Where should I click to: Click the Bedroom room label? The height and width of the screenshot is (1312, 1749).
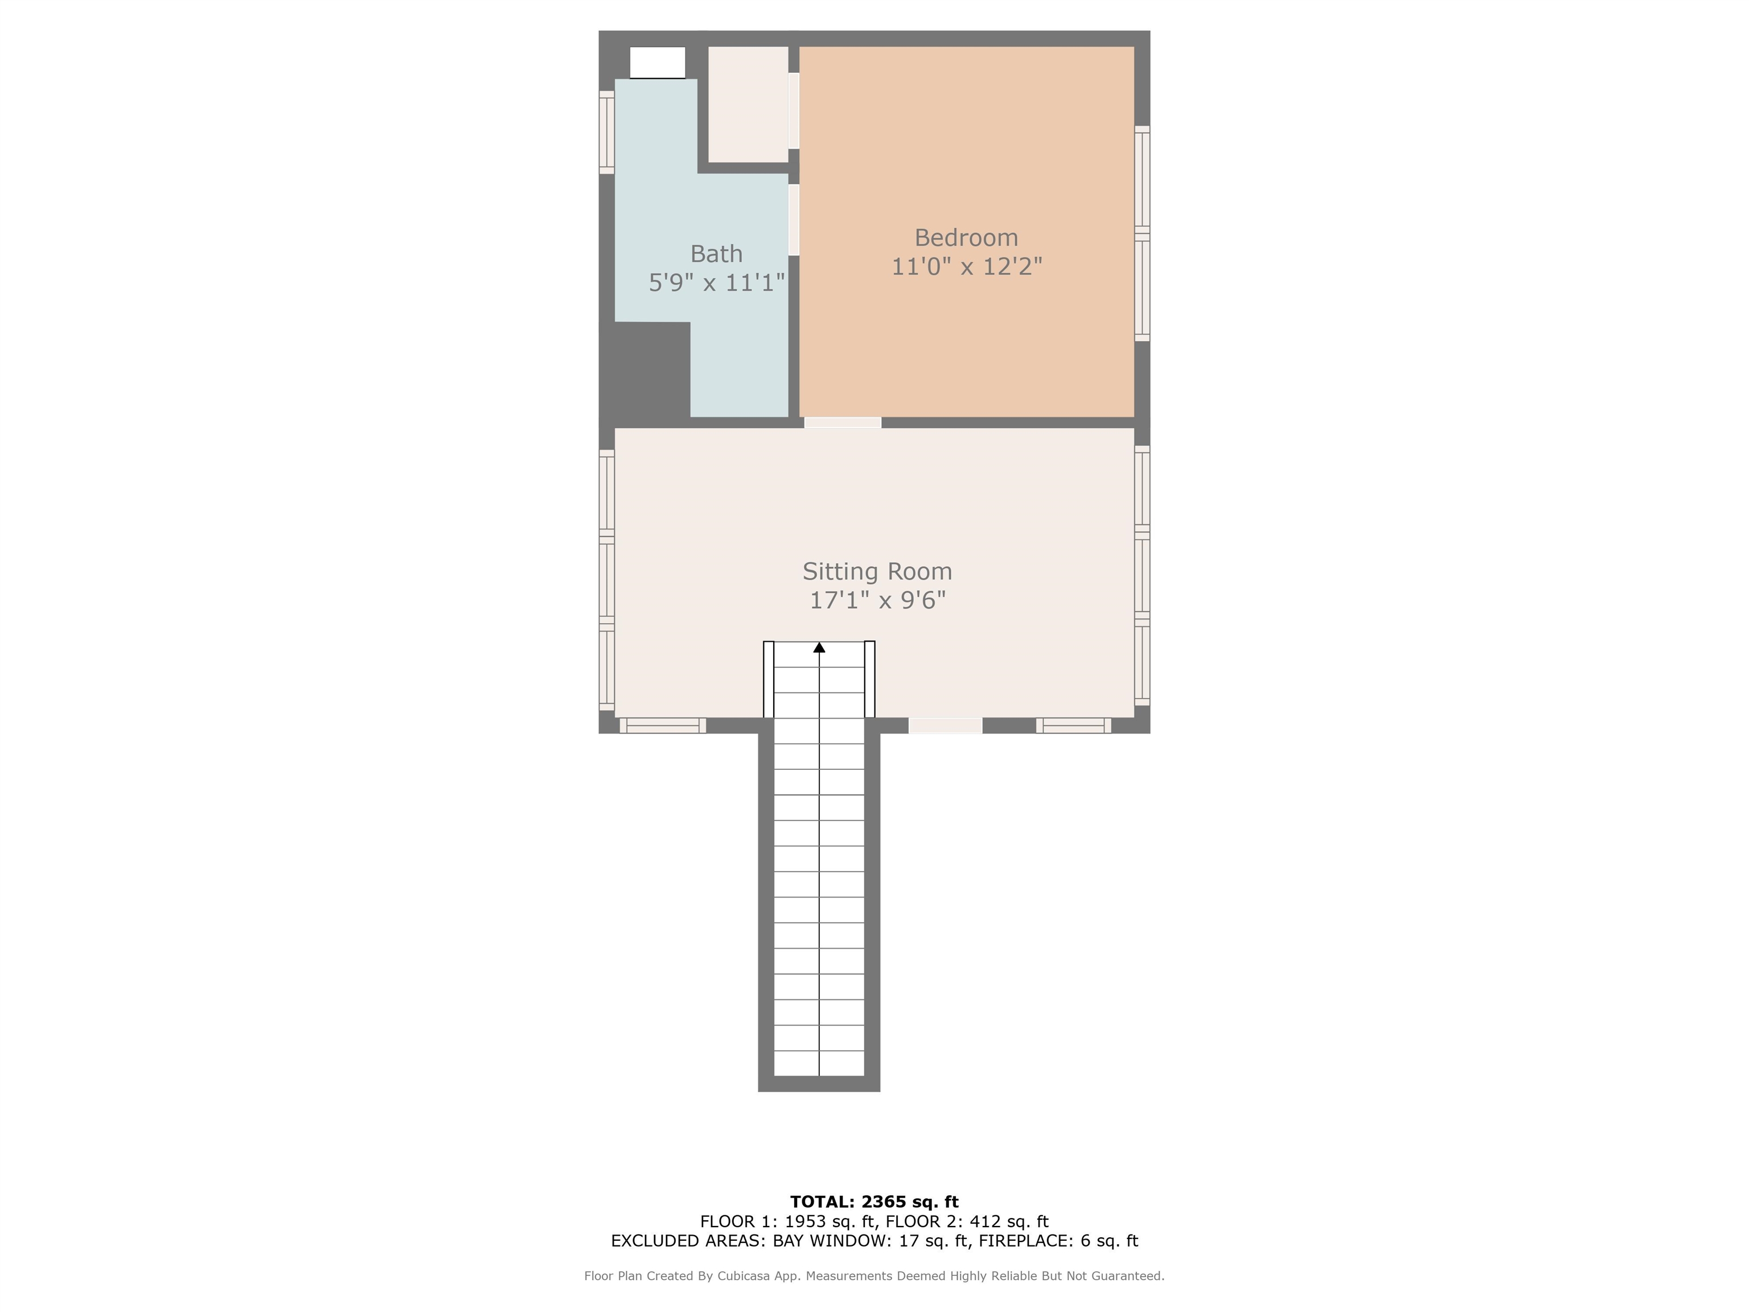966,237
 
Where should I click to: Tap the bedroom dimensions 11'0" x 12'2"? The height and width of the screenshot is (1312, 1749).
966,266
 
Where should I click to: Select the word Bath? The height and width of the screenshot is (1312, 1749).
716,254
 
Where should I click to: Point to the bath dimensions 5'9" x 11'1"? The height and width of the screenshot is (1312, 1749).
716,282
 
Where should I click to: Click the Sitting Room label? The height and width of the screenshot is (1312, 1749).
877,571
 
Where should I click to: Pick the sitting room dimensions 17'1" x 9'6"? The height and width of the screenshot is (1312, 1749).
877,600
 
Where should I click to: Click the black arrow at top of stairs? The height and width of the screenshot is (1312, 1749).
819,647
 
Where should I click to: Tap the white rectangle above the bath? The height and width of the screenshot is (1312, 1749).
657,63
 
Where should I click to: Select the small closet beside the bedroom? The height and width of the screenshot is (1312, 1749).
748,104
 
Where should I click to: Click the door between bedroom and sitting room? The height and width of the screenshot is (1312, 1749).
843,423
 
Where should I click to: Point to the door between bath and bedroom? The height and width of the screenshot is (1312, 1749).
794,220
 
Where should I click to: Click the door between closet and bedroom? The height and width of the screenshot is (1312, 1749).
794,110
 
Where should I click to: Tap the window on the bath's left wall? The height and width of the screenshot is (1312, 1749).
606,132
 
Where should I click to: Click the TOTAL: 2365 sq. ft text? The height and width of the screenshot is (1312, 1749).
874,1202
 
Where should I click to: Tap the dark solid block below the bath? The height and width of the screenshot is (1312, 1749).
644,370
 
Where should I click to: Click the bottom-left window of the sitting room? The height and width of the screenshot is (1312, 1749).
663,725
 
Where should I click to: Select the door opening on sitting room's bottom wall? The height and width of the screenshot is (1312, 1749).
946,725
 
